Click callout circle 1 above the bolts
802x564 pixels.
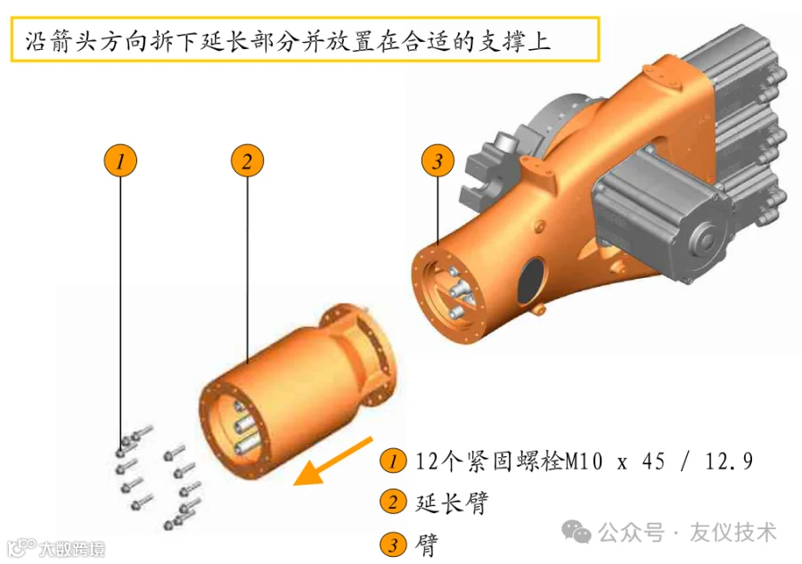tap(120, 161)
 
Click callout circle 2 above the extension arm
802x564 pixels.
tap(247, 161)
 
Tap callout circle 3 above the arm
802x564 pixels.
tap(438, 161)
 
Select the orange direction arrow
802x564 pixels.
tap(333, 462)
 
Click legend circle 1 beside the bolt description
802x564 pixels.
tap(393, 461)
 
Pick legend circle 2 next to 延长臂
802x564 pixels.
tap(393, 502)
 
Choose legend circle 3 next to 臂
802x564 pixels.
tap(393, 544)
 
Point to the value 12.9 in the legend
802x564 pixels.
tap(729, 462)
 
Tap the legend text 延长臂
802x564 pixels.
tap(452, 503)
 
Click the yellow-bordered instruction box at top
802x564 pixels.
tap(305, 39)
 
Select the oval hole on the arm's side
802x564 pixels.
tap(531, 281)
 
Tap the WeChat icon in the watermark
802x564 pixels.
tap(576, 532)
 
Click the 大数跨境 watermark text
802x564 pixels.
tap(71, 549)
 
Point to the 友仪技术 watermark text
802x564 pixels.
tap(733, 532)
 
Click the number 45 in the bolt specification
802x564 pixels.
tap(653, 462)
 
